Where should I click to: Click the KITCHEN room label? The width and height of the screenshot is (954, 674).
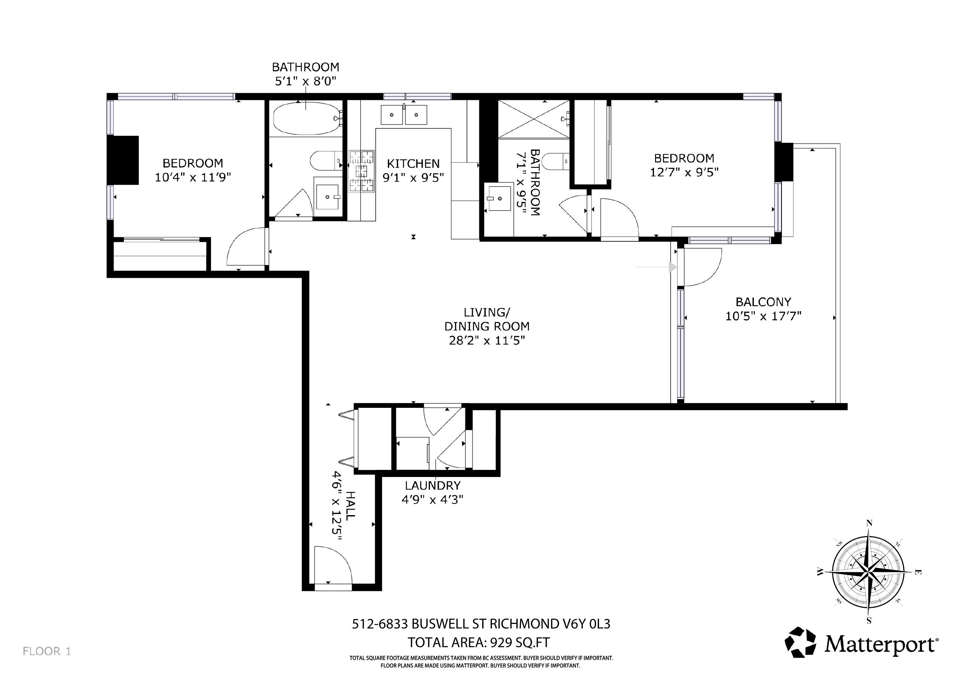(413, 164)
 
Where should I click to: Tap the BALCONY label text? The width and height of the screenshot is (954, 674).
(763, 302)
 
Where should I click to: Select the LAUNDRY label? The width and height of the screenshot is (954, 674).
(432, 485)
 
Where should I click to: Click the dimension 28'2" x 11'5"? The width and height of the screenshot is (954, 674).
(487, 341)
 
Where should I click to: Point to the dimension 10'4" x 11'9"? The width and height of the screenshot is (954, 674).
(193, 178)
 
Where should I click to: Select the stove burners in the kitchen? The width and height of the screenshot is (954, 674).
(361, 172)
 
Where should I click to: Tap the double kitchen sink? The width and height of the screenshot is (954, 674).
(404, 115)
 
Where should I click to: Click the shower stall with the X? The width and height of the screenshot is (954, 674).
(533, 119)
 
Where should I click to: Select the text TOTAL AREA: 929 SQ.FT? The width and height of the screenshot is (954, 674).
(478, 643)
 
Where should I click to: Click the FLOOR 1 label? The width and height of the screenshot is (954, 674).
(47, 651)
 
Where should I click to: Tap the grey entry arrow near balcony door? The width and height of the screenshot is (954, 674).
(672, 267)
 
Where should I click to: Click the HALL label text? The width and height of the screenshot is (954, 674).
(350, 505)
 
